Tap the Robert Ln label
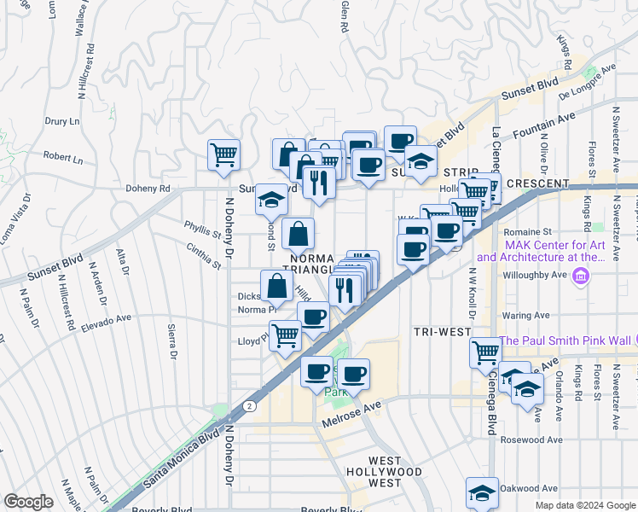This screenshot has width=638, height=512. (64, 158)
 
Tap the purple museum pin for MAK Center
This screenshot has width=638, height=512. (582, 276)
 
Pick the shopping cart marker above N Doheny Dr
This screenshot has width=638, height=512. (224, 155)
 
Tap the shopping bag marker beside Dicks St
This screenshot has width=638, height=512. (276, 287)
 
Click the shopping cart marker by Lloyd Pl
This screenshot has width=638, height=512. (285, 335)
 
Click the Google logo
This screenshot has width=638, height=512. (28, 501)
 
